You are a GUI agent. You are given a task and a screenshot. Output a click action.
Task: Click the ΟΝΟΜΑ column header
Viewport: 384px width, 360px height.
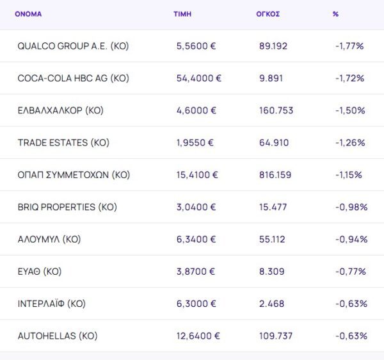pyautogui.click(x=28, y=13)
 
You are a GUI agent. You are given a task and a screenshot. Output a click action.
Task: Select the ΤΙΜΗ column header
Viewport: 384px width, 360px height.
pyautogui.click(x=182, y=13)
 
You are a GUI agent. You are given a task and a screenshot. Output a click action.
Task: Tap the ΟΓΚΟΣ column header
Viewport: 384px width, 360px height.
pyautogui.click(x=267, y=13)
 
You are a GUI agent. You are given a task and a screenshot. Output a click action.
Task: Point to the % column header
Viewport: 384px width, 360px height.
pyautogui.click(x=335, y=13)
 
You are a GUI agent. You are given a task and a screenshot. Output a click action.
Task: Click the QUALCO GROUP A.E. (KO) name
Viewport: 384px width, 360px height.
pyautogui.click(x=73, y=46)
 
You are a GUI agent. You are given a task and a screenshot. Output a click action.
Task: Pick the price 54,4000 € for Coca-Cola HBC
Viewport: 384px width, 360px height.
pyautogui.click(x=198, y=78)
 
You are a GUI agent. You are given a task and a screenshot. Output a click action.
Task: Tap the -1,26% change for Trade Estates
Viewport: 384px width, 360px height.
pyautogui.click(x=349, y=142)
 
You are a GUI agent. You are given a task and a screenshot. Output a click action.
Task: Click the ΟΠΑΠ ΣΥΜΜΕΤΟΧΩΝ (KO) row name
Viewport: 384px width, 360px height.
pyautogui.click(x=74, y=174)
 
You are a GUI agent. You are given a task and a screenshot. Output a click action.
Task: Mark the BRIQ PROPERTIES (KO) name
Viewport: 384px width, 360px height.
pyautogui.click(x=67, y=207)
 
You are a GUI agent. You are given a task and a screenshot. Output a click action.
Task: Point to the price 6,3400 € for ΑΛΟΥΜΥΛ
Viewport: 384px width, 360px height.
pyautogui.click(x=196, y=239)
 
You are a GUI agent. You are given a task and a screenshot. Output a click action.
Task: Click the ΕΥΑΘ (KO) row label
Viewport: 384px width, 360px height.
pyautogui.click(x=40, y=271)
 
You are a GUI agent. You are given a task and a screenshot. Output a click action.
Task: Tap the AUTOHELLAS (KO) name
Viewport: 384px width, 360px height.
pyautogui.click(x=58, y=336)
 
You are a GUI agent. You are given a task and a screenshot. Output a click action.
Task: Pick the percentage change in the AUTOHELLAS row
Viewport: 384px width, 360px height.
pyautogui.click(x=351, y=336)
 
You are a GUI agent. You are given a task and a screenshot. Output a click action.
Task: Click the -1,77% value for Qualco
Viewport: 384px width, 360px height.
pyautogui.click(x=349, y=46)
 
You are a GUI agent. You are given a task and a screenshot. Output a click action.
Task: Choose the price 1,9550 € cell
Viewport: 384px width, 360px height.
pyautogui.click(x=195, y=142)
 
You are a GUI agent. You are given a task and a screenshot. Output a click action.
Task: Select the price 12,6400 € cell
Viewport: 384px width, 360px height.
pyautogui.click(x=198, y=336)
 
